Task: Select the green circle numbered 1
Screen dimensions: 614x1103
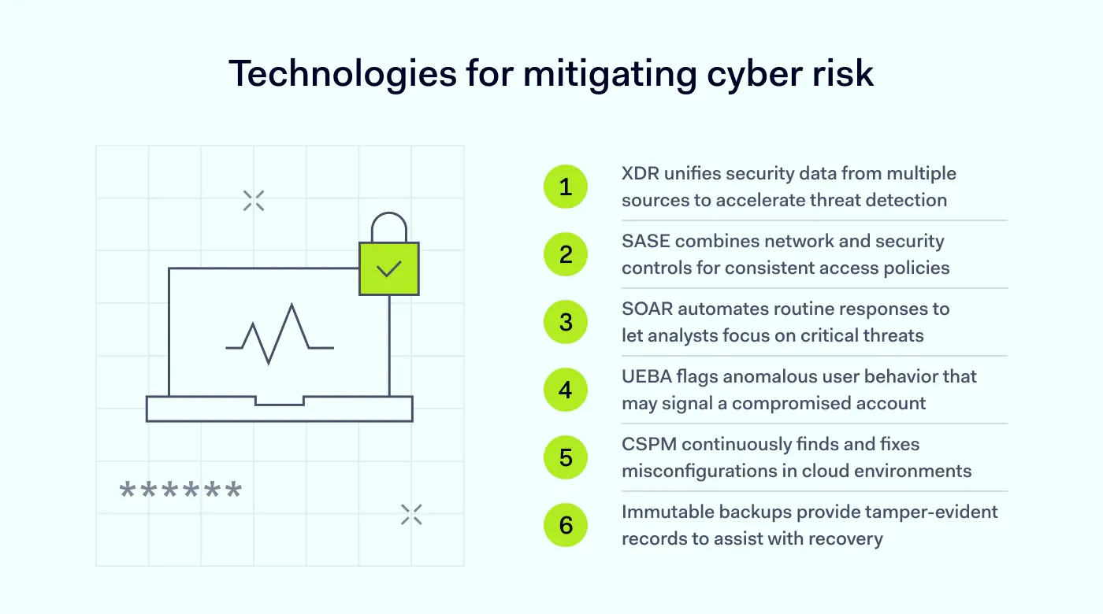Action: pyautogui.click(x=566, y=187)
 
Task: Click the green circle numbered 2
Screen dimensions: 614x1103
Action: pyautogui.click(x=566, y=254)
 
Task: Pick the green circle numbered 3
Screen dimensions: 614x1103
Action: pyautogui.click(x=566, y=322)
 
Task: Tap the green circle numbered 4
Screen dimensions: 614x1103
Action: pyautogui.click(x=566, y=390)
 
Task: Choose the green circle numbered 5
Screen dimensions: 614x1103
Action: pyautogui.click(x=566, y=457)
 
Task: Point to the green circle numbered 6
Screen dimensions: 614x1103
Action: pyautogui.click(x=566, y=525)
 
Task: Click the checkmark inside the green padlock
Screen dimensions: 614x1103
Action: pyautogui.click(x=388, y=269)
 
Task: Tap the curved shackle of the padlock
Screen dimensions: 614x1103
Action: pyautogui.click(x=388, y=226)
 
